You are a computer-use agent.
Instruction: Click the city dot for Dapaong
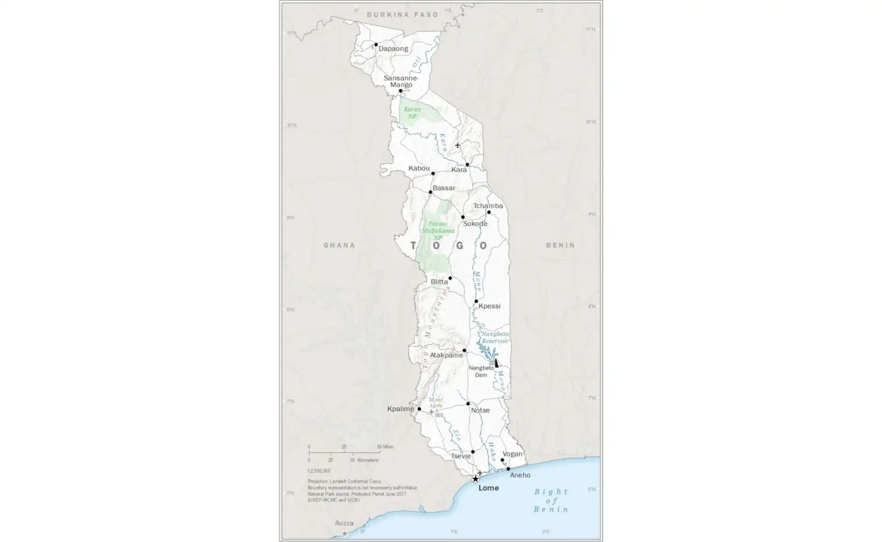[376, 45]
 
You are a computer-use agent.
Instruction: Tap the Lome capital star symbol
[475, 479]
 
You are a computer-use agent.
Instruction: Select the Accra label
[344, 523]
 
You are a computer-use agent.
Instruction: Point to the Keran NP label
[412, 113]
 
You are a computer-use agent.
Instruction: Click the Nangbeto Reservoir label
[495, 338]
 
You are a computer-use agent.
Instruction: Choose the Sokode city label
[475, 224]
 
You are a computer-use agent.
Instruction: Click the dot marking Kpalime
[419, 409]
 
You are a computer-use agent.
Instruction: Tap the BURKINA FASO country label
[402, 15]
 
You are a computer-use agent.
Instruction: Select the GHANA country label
[339, 245]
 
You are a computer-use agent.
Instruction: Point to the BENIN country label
[560, 245]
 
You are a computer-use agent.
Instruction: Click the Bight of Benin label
[551, 501]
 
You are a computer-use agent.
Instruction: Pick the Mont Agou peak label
[435, 403]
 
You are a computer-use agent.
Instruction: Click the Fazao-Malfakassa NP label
[438, 231]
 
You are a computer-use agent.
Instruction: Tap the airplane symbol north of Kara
[458, 145]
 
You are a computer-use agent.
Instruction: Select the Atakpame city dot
[464, 350]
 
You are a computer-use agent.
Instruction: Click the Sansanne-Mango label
[401, 81]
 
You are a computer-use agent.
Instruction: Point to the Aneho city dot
[508, 469]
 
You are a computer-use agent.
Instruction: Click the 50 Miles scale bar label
[385, 447]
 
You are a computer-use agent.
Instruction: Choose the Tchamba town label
[488, 206]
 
